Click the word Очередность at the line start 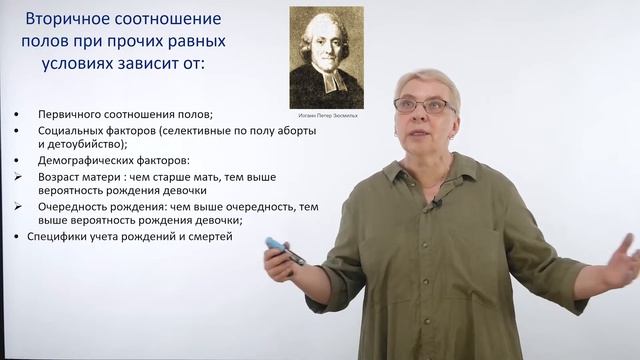click(70, 207)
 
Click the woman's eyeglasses click(422, 103)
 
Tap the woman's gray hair click(428, 80)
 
